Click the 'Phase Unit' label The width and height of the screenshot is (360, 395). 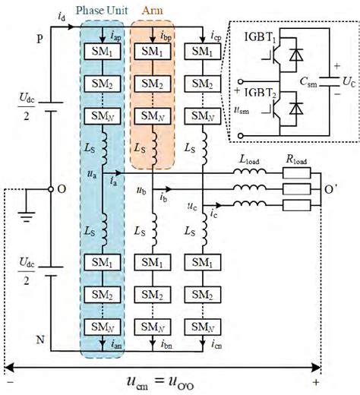pos(102,13)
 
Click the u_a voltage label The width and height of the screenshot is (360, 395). pos(92,174)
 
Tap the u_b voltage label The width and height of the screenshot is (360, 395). pos(141,187)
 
